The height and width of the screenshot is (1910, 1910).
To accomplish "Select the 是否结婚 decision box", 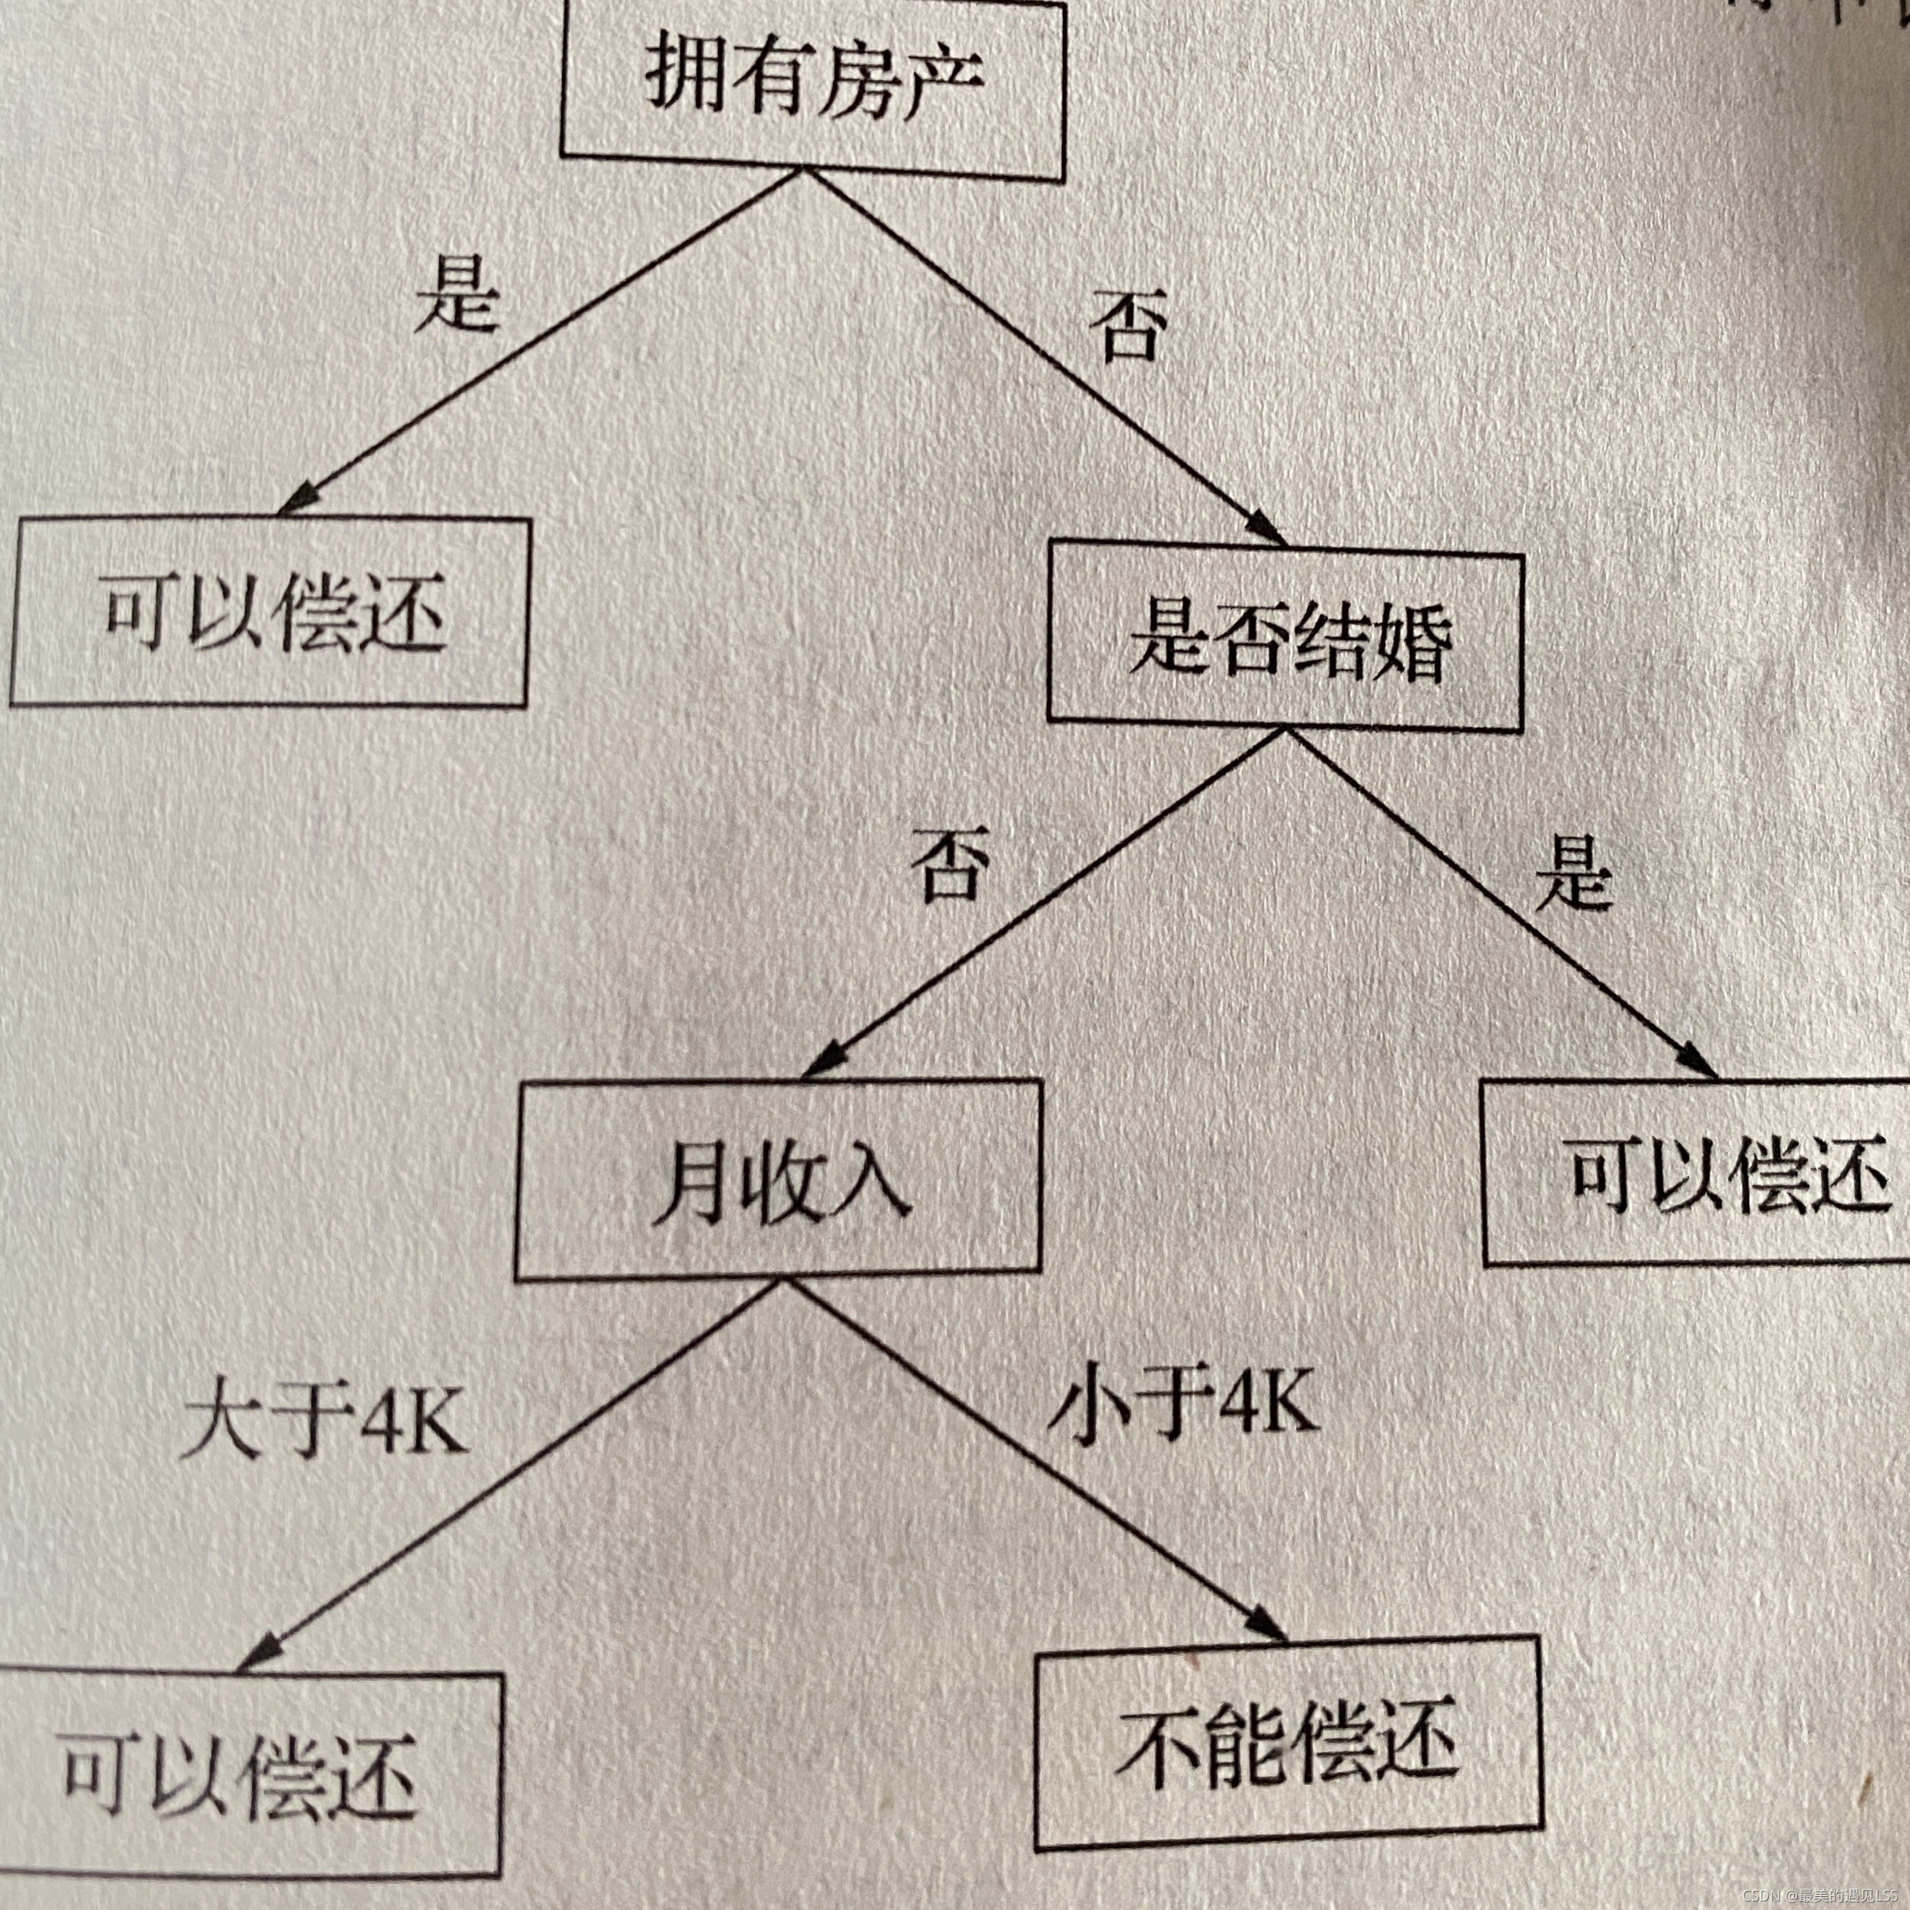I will click(1285, 643).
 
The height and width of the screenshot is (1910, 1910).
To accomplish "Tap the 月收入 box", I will click(778, 1181).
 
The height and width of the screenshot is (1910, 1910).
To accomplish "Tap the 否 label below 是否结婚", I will click(950, 866).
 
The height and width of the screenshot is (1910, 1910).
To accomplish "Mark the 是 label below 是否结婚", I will click(1573, 876).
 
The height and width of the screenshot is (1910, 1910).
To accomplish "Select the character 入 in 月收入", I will click(870, 1181).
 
